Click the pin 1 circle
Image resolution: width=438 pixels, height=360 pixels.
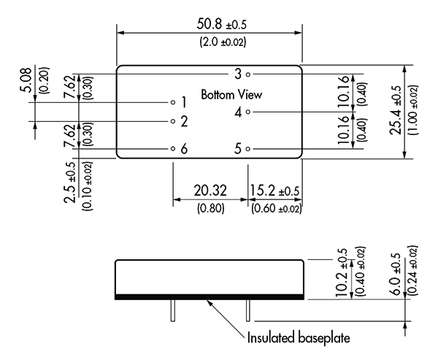pyautogui.click(x=173, y=102)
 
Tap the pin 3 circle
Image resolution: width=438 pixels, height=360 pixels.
pyautogui.click(x=248, y=74)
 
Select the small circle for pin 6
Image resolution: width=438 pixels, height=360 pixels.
pyautogui.click(x=173, y=148)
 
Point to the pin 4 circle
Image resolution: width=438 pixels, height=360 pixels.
pyautogui.click(x=248, y=112)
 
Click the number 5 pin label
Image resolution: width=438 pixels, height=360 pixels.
pyautogui.click(x=238, y=148)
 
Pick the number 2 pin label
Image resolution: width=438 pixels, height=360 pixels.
pyautogui.click(x=184, y=121)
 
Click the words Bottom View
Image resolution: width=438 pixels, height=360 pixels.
pyautogui.click(x=231, y=95)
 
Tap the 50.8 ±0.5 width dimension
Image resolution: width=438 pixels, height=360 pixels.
pyautogui.click(x=222, y=24)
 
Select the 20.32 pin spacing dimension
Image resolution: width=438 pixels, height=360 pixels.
pyautogui.click(x=210, y=191)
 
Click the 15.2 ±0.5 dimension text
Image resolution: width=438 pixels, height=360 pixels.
pyautogui.click(x=274, y=191)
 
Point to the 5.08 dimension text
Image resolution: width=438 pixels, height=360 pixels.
pyautogui.click(x=26, y=80)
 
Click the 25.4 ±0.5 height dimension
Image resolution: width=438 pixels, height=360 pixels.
pyautogui.click(x=396, y=110)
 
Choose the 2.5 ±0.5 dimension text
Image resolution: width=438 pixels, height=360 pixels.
pyautogui.click(x=70, y=183)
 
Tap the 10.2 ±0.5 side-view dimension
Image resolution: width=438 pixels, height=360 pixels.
pyautogui.click(x=342, y=272)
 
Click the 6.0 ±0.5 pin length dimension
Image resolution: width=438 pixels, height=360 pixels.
pyautogui.click(x=396, y=274)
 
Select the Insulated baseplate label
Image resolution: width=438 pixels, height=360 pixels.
pyautogui.click(x=299, y=337)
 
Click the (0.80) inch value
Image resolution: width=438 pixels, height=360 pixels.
pyautogui.click(x=211, y=208)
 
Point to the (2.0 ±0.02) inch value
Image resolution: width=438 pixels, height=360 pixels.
pyautogui.click(x=223, y=42)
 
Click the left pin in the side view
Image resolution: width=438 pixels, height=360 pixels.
pyautogui.click(x=173, y=310)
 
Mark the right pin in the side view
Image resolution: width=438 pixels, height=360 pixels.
pyautogui.click(x=247, y=310)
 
